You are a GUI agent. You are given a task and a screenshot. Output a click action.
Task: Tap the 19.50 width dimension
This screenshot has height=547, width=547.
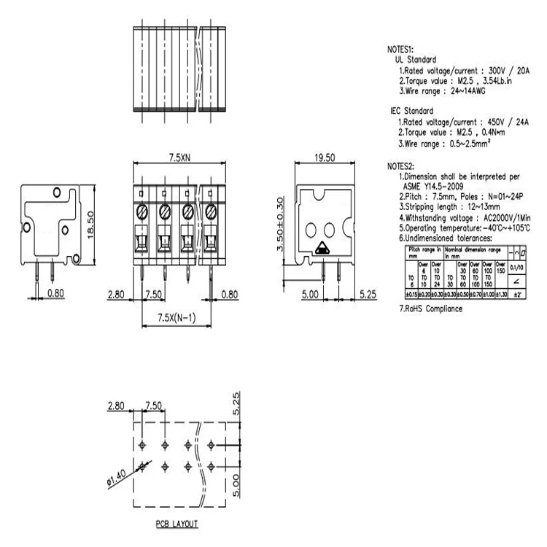click(x=325, y=158)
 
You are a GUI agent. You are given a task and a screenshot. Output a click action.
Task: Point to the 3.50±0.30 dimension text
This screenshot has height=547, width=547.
click(x=279, y=224)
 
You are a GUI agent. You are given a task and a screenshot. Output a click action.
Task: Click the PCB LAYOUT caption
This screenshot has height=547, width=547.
click(x=176, y=524)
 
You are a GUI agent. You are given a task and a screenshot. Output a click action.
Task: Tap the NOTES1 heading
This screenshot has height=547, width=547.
click(x=400, y=50)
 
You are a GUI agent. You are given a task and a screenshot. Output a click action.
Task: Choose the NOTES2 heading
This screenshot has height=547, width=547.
click(x=400, y=166)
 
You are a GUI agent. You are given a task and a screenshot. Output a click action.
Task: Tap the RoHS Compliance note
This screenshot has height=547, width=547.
click(x=430, y=309)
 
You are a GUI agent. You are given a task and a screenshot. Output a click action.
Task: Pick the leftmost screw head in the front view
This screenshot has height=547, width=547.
click(x=142, y=212)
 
